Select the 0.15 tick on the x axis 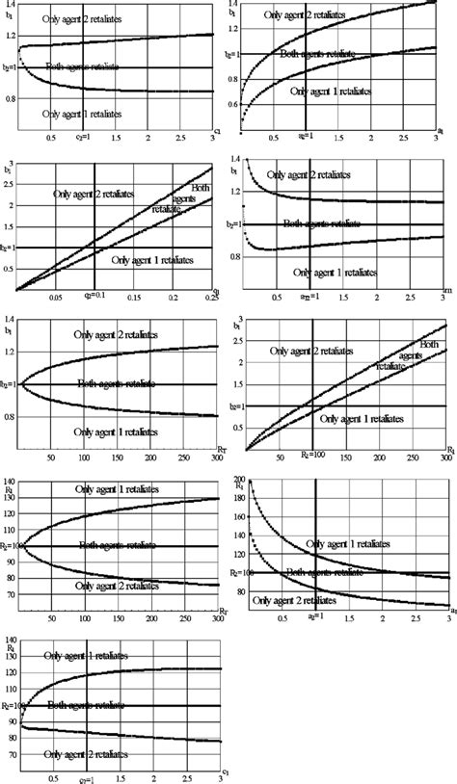(138, 299)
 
